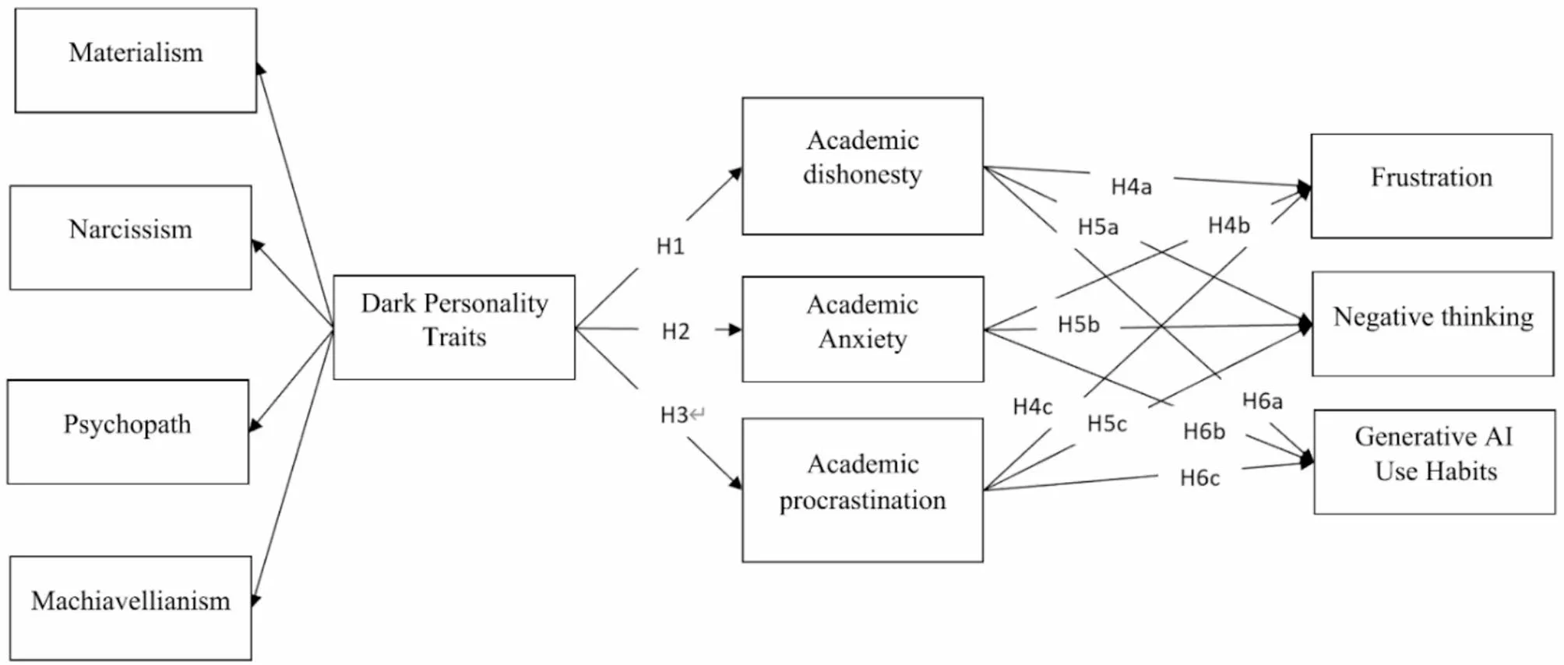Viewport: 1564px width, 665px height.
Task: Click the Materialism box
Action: click(x=136, y=61)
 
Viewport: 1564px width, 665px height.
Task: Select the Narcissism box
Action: click(x=131, y=237)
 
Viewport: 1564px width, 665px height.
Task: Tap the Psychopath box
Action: click(x=128, y=431)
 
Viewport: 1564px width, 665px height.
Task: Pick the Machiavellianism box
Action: click(x=131, y=607)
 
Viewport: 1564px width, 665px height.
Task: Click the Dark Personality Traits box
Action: click(x=454, y=327)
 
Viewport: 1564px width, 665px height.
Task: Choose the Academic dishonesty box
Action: click(x=862, y=166)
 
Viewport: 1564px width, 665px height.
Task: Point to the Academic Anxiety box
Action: click(x=862, y=329)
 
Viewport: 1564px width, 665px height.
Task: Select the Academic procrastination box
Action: click(x=862, y=490)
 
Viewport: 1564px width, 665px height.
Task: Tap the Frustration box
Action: click(x=1432, y=185)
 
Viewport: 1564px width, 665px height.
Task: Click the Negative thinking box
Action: click(x=1432, y=323)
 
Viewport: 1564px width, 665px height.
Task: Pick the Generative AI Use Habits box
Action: click(x=1434, y=462)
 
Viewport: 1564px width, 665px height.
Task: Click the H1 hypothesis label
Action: click(x=670, y=247)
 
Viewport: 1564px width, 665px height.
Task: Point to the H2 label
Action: click(x=675, y=332)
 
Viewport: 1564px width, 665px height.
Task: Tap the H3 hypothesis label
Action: click(x=675, y=415)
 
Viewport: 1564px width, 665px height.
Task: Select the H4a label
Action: click(x=1131, y=187)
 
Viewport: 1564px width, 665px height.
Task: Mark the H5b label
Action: click(x=1078, y=325)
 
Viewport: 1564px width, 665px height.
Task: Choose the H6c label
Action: click(x=1199, y=478)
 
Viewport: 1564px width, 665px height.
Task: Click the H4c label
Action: click(x=1032, y=407)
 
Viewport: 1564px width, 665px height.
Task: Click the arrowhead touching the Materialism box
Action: click(x=260, y=69)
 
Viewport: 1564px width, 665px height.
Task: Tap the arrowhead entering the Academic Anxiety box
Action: click(x=734, y=329)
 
